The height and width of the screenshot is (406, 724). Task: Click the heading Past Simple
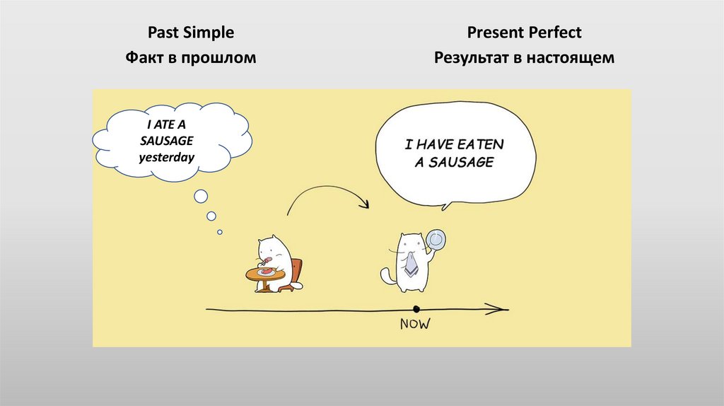click(x=190, y=33)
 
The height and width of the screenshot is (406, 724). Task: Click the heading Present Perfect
click(x=524, y=33)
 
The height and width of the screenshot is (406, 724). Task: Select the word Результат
click(x=471, y=59)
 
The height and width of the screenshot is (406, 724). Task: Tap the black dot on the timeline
click(x=416, y=309)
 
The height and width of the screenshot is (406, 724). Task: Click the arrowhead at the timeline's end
click(x=501, y=309)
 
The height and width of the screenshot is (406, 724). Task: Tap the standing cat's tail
click(x=387, y=274)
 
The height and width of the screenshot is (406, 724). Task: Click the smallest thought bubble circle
click(x=220, y=231)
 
